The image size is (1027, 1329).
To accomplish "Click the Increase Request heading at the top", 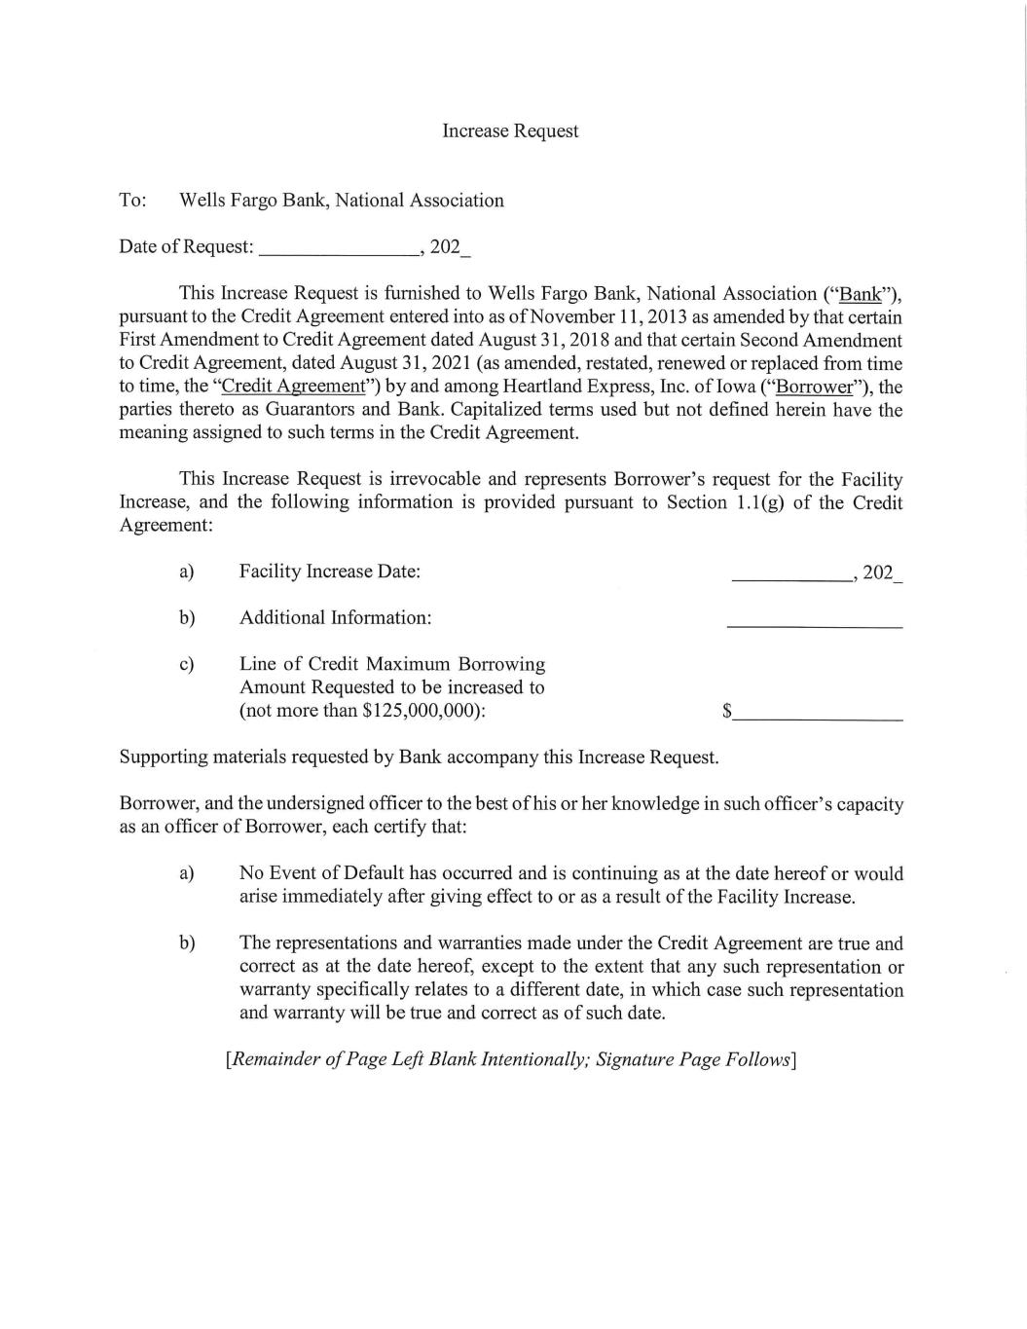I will (510, 130).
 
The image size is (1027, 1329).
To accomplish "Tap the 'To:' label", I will (132, 201).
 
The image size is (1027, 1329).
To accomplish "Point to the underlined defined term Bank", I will (860, 294).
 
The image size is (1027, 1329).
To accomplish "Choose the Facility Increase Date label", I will (330, 572).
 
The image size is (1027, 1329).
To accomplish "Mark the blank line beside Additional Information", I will (814, 624).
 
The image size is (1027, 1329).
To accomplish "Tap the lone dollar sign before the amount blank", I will (727, 712).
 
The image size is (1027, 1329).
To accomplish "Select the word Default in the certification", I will (373, 873).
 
